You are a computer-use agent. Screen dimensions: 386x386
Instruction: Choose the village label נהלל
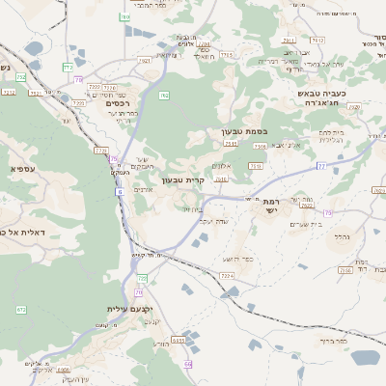tap(340, 235)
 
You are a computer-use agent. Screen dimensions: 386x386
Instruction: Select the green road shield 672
tap(21, 310)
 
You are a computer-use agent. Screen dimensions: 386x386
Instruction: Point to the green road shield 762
tap(163, 96)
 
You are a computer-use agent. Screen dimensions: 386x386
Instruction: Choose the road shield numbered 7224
tap(227, 276)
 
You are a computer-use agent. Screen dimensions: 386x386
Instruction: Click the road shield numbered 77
tap(321, 166)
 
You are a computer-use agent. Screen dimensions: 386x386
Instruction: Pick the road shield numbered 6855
tap(179, 340)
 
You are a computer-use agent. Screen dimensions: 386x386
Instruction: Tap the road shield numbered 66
tap(188, 363)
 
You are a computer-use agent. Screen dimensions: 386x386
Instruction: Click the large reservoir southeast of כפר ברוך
tap(365, 357)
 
